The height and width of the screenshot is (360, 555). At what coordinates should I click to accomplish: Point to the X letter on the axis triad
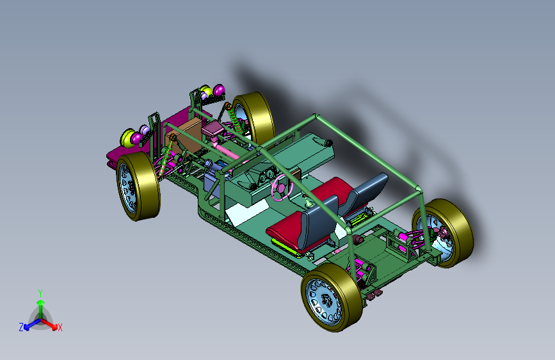point(60,327)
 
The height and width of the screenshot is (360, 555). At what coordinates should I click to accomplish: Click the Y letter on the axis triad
point(40,293)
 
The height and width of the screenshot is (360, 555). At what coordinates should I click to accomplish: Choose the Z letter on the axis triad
point(21,327)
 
